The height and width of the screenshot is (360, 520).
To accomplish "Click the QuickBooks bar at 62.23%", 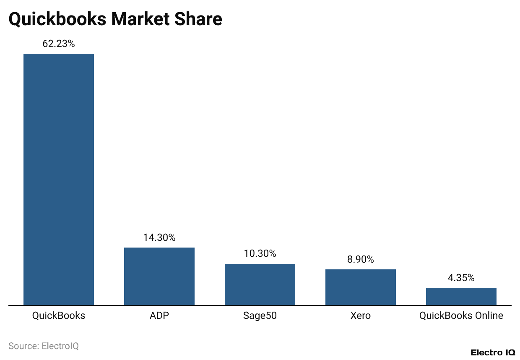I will (x=59, y=179).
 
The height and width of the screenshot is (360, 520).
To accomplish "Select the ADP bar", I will (x=159, y=276).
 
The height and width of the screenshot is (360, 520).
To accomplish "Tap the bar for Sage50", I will (x=260, y=284).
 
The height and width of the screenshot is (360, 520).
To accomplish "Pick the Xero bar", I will (x=361, y=287).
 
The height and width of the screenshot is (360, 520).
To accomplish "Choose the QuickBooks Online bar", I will (x=461, y=296).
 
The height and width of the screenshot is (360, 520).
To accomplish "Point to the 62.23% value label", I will (x=59, y=44).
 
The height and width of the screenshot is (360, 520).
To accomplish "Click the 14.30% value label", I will (x=159, y=237).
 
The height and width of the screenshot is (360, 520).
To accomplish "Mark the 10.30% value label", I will (x=260, y=253).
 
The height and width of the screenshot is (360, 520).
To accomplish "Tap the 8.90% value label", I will (x=361, y=259).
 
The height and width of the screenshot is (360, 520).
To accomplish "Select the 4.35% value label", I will (x=461, y=278).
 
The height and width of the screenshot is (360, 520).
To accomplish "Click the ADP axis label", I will (x=159, y=316).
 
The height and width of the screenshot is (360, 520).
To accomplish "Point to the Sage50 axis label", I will (x=260, y=316).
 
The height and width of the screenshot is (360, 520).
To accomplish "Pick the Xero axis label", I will (x=361, y=316).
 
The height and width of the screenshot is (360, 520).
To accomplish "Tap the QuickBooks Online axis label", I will (x=461, y=316).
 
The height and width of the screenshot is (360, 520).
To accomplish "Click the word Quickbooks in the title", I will (x=57, y=19).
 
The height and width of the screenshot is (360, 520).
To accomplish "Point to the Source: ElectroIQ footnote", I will (x=44, y=346).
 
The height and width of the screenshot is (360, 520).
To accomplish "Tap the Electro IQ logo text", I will (x=493, y=352).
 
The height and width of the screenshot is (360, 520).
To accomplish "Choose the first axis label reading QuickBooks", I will (x=59, y=316).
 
